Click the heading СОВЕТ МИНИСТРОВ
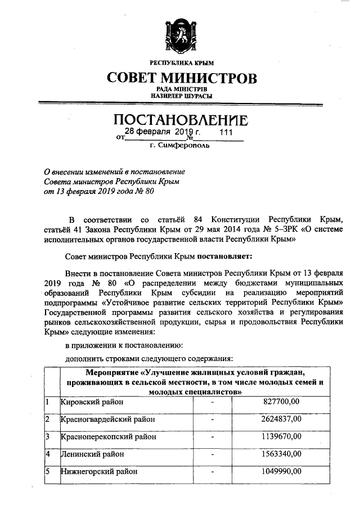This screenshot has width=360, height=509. coord(181,76)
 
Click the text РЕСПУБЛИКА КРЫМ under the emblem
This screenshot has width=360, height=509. coord(181,62)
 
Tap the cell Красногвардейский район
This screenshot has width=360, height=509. coord(107,419)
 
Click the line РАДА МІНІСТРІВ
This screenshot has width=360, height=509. coord(181,89)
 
